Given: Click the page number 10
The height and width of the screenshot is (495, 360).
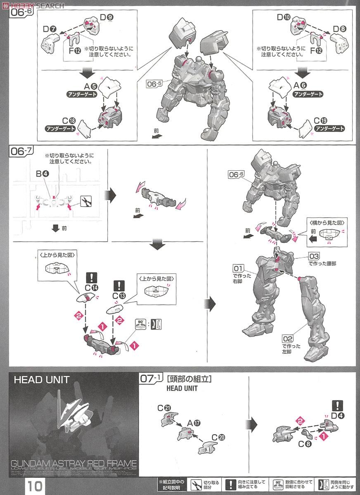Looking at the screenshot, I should (35, 486).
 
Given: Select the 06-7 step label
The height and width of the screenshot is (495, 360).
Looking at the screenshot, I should (20, 153).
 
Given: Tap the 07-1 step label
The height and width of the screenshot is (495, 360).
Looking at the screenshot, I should (152, 379).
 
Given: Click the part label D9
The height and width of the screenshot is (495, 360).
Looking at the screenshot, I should (105, 18).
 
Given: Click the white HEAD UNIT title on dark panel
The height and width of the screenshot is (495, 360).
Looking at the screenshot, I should (42, 379).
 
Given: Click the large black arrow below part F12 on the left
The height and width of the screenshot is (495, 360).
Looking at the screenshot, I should (87, 73).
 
